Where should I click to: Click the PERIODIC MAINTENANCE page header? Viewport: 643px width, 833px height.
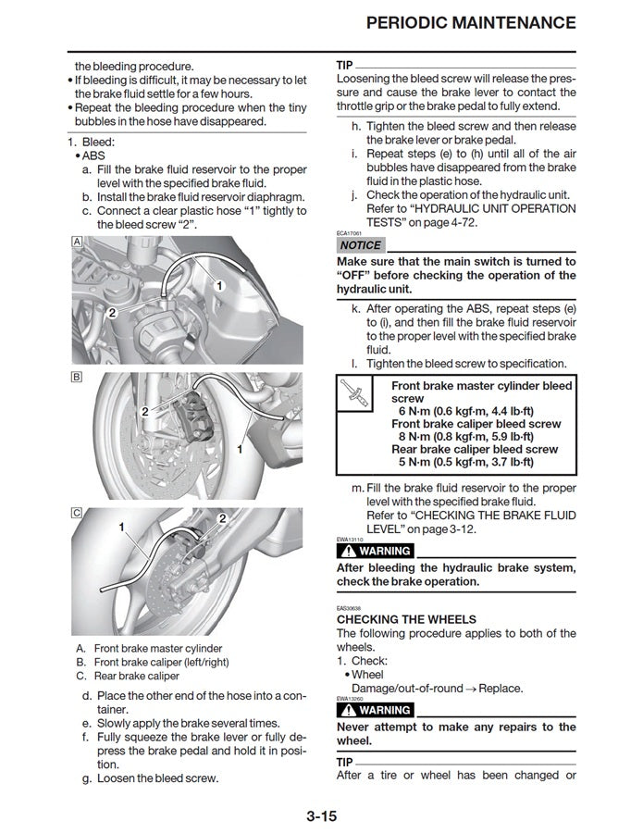coord(471,22)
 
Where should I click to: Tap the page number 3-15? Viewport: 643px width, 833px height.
coord(321,815)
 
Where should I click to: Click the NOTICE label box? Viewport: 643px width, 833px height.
coord(360,245)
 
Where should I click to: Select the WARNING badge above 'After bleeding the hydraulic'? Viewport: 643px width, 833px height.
coord(376,552)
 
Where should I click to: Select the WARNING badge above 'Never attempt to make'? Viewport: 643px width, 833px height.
coord(376,710)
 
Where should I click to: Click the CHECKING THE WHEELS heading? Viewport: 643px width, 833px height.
coord(406,619)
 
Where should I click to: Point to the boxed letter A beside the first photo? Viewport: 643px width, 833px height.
coord(77,241)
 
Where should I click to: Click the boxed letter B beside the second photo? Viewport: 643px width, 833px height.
coord(77,377)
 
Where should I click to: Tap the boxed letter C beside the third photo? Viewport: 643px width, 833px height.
coord(77,512)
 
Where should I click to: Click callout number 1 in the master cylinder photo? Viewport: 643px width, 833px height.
coord(219,286)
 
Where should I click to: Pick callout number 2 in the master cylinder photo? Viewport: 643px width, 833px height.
coord(112,313)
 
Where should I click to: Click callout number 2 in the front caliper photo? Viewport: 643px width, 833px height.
coord(144,410)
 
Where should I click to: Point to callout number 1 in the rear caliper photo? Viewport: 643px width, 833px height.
coord(121,527)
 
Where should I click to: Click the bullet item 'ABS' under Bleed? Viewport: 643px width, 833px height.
coord(93,155)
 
